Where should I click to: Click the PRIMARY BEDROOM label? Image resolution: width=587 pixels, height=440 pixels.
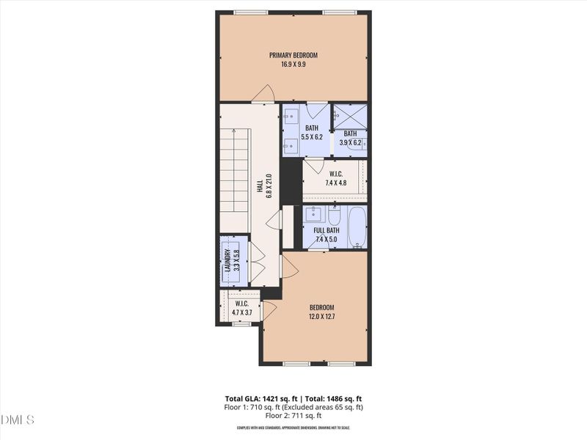(x=293, y=54)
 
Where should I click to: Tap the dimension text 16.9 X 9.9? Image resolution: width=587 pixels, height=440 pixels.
(x=293, y=65)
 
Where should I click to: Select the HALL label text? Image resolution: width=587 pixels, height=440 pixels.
(x=260, y=186)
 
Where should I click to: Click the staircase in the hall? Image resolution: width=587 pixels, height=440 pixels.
(x=236, y=180)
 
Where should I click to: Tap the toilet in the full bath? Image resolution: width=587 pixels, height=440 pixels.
(x=334, y=216)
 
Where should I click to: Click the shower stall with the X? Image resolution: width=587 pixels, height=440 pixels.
(x=350, y=116)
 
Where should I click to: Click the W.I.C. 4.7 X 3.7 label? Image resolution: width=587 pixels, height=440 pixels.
(x=241, y=308)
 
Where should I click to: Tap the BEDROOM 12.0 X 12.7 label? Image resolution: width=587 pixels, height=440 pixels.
(x=321, y=312)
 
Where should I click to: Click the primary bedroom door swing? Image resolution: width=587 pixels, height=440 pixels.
(x=263, y=94)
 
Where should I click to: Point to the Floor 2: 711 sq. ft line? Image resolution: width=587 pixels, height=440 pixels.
(x=293, y=415)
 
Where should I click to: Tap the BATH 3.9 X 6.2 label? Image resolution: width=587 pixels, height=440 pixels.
(x=350, y=138)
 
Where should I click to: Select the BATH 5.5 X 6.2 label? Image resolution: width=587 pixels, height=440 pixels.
(x=312, y=132)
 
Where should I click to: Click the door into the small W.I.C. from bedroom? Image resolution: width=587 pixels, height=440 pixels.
(x=269, y=310)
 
